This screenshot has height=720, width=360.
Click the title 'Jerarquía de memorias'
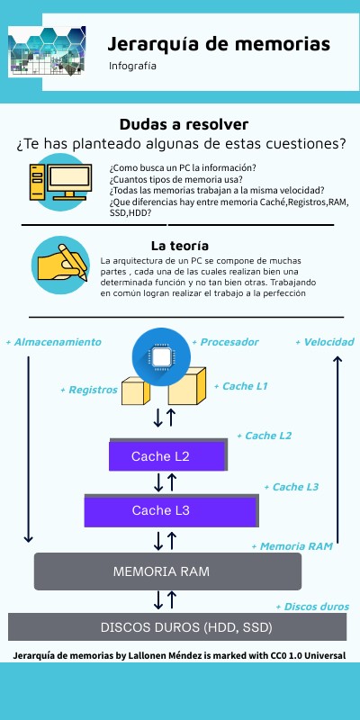[x=219, y=44]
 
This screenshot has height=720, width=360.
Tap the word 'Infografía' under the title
[x=132, y=66]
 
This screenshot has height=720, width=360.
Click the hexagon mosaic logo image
[x=47, y=50]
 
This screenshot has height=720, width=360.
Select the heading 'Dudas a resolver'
[x=184, y=124]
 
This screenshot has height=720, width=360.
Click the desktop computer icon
[x=60, y=182]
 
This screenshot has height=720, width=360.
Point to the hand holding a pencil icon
[x=60, y=265]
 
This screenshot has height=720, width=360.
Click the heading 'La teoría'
[x=179, y=246]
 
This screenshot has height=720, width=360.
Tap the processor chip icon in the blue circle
[x=161, y=356]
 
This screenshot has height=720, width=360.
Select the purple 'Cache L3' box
[x=171, y=510]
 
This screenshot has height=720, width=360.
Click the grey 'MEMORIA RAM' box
[x=167, y=571]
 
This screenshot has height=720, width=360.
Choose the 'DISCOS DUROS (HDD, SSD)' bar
[x=177, y=626]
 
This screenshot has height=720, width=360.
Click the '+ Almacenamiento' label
[x=53, y=342]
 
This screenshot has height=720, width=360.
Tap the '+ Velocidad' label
[x=325, y=342]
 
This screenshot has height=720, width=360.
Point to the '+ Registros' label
[x=89, y=390]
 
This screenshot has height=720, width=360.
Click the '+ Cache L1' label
[x=240, y=386]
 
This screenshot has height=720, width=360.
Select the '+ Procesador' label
[x=225, y=342]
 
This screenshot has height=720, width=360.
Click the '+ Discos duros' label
[x=312, y=607]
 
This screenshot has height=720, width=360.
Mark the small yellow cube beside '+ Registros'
[x=136, y=391]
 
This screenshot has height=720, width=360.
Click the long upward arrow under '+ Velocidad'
[x=337, y=449]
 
